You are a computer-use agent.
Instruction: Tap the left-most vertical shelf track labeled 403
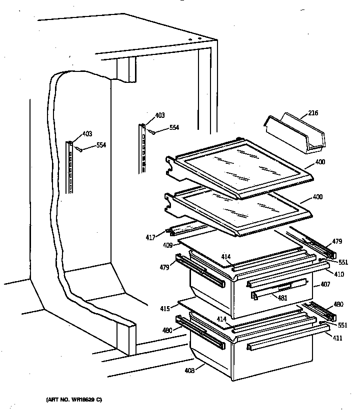70,167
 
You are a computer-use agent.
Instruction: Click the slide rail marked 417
187,229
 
